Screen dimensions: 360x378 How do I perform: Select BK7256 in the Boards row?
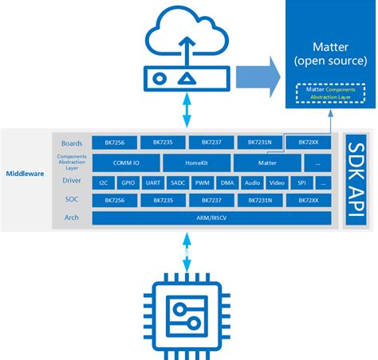coord(114,142)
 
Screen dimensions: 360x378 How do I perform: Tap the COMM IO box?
coord(126,162)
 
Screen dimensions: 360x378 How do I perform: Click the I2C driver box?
coord(103,182)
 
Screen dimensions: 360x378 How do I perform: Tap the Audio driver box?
coord(251,182)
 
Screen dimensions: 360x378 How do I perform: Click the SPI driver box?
coord(300,182)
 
